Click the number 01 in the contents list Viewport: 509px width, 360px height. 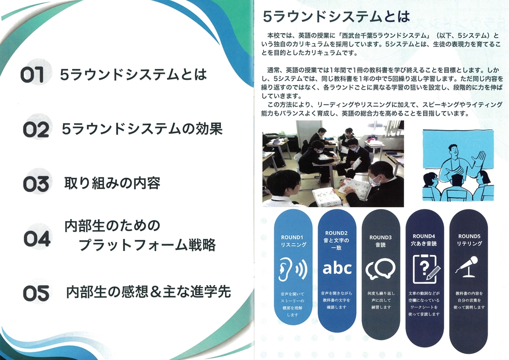(32, 75)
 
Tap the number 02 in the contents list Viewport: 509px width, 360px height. (36, 129)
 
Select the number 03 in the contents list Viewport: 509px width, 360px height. (36, 184)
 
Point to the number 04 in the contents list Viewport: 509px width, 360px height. (37, 239)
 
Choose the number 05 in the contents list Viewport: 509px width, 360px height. (36, 293)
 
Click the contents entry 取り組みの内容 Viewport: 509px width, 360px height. (112, 183)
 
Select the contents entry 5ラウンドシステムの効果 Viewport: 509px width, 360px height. (142, 129)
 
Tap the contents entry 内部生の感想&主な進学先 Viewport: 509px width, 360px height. (148, 291)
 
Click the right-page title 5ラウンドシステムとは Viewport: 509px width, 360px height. (336, 17)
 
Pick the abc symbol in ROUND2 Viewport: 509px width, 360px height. (337, 269)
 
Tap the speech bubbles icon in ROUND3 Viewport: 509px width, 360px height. (380, 269)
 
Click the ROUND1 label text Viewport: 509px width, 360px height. (292, 237)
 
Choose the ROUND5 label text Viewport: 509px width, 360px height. (469, 236)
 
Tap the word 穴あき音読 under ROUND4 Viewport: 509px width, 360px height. (424, 243)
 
